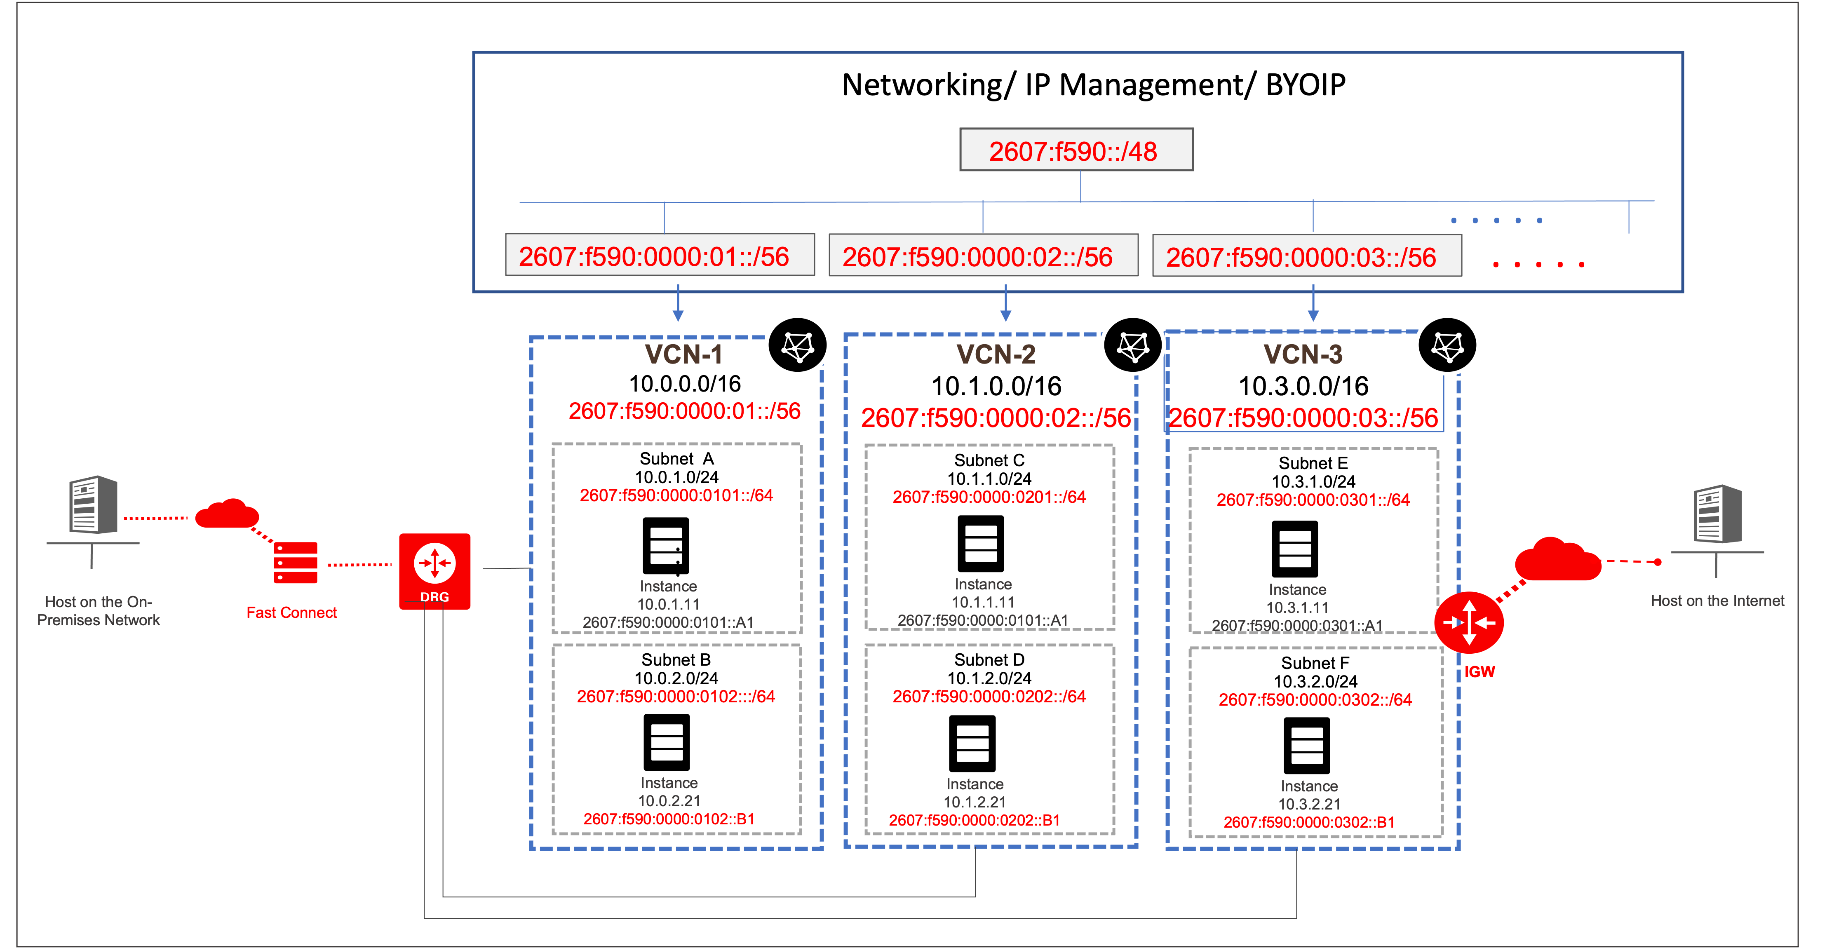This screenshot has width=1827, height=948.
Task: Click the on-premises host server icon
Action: (x=93, y=505)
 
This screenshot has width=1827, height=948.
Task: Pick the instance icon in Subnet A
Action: (x=665, y=546)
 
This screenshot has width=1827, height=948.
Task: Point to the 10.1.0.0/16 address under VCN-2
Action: (x=996, y=387)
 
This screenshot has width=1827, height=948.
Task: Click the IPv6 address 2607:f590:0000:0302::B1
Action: (x=1308, y=823)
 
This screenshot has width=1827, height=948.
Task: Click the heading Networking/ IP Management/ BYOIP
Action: (x=1093, y=85)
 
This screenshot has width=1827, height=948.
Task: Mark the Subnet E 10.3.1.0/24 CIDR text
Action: (x=1313, y=481)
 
